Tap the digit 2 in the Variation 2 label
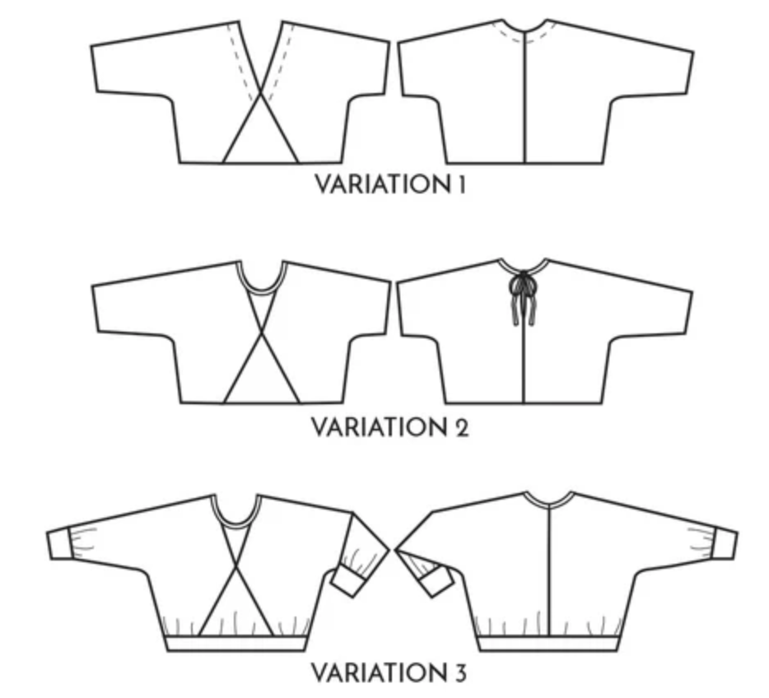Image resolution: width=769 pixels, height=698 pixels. [x=460, y=428]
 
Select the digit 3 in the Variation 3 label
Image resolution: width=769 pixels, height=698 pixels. [x=459, y=672]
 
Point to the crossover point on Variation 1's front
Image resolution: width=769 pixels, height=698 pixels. [x=262, y=97]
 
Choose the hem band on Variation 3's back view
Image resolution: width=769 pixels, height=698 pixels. [x=549, y=642]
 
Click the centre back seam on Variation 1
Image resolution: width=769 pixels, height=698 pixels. [x=524, y=99]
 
